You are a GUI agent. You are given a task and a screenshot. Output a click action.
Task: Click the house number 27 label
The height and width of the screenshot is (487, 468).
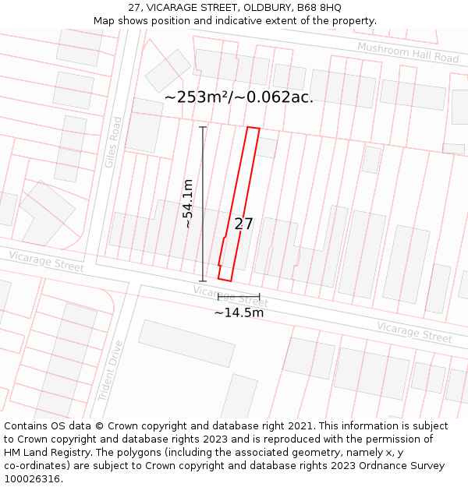click(243, 224)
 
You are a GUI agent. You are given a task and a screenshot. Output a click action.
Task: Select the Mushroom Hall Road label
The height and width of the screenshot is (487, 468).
click(408, 53)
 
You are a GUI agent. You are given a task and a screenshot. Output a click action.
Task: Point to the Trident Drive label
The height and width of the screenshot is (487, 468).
click(112, 371)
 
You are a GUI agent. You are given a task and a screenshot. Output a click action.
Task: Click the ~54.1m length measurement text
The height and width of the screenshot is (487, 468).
click(188, 203)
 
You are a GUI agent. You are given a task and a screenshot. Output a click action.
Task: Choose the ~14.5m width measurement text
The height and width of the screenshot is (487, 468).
click(239, 313)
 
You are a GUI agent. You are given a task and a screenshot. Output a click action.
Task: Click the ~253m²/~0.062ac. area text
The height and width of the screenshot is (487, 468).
click(239, 97)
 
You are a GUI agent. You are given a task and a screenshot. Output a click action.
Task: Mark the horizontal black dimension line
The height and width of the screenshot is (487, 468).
click(239, 296)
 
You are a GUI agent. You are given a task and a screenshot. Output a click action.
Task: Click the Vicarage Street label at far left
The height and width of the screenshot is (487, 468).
click(46, 261)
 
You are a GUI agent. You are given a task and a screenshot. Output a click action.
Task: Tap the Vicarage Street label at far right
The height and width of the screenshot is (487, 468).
click(414, 332)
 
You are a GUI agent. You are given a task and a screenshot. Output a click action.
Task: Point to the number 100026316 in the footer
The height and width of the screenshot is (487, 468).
click(32, 479)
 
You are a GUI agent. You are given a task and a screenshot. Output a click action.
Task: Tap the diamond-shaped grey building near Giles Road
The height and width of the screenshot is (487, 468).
click(168, 71)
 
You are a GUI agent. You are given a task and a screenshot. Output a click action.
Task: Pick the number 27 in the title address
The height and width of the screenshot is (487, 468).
click(134, 8)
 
